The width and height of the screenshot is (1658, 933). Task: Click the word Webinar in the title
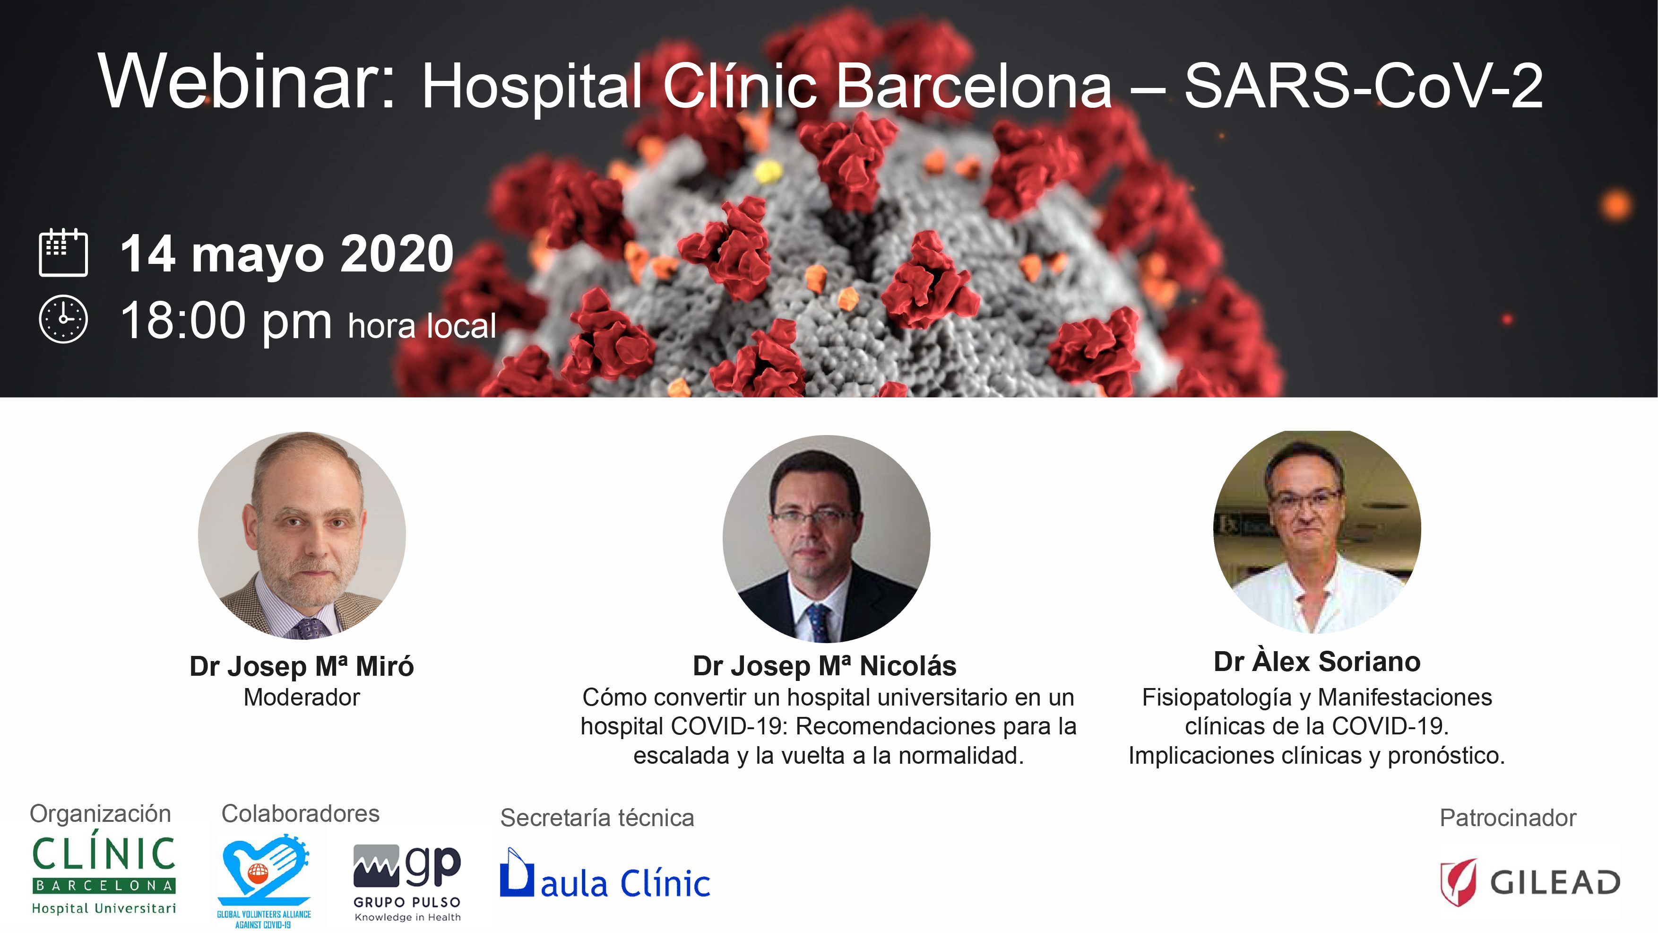(247, 81)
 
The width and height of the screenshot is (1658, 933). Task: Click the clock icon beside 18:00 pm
(63, 319)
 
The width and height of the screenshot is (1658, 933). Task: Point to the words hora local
(422, 325)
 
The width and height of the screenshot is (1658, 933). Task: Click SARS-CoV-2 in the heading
(1363, 86)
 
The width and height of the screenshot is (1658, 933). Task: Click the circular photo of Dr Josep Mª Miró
(302, 535)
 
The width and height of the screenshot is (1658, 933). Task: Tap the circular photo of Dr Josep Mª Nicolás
(827, 539)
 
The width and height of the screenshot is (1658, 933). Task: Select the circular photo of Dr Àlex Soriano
(1317, 532)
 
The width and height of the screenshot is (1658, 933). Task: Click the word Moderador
(302, 698)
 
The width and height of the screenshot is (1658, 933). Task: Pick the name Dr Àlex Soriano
(1317, 661)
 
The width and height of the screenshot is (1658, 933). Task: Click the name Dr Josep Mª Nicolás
(824, 666)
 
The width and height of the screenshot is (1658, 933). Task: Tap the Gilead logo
(1529, 881)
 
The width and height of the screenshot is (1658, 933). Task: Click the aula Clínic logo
(605, 874)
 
